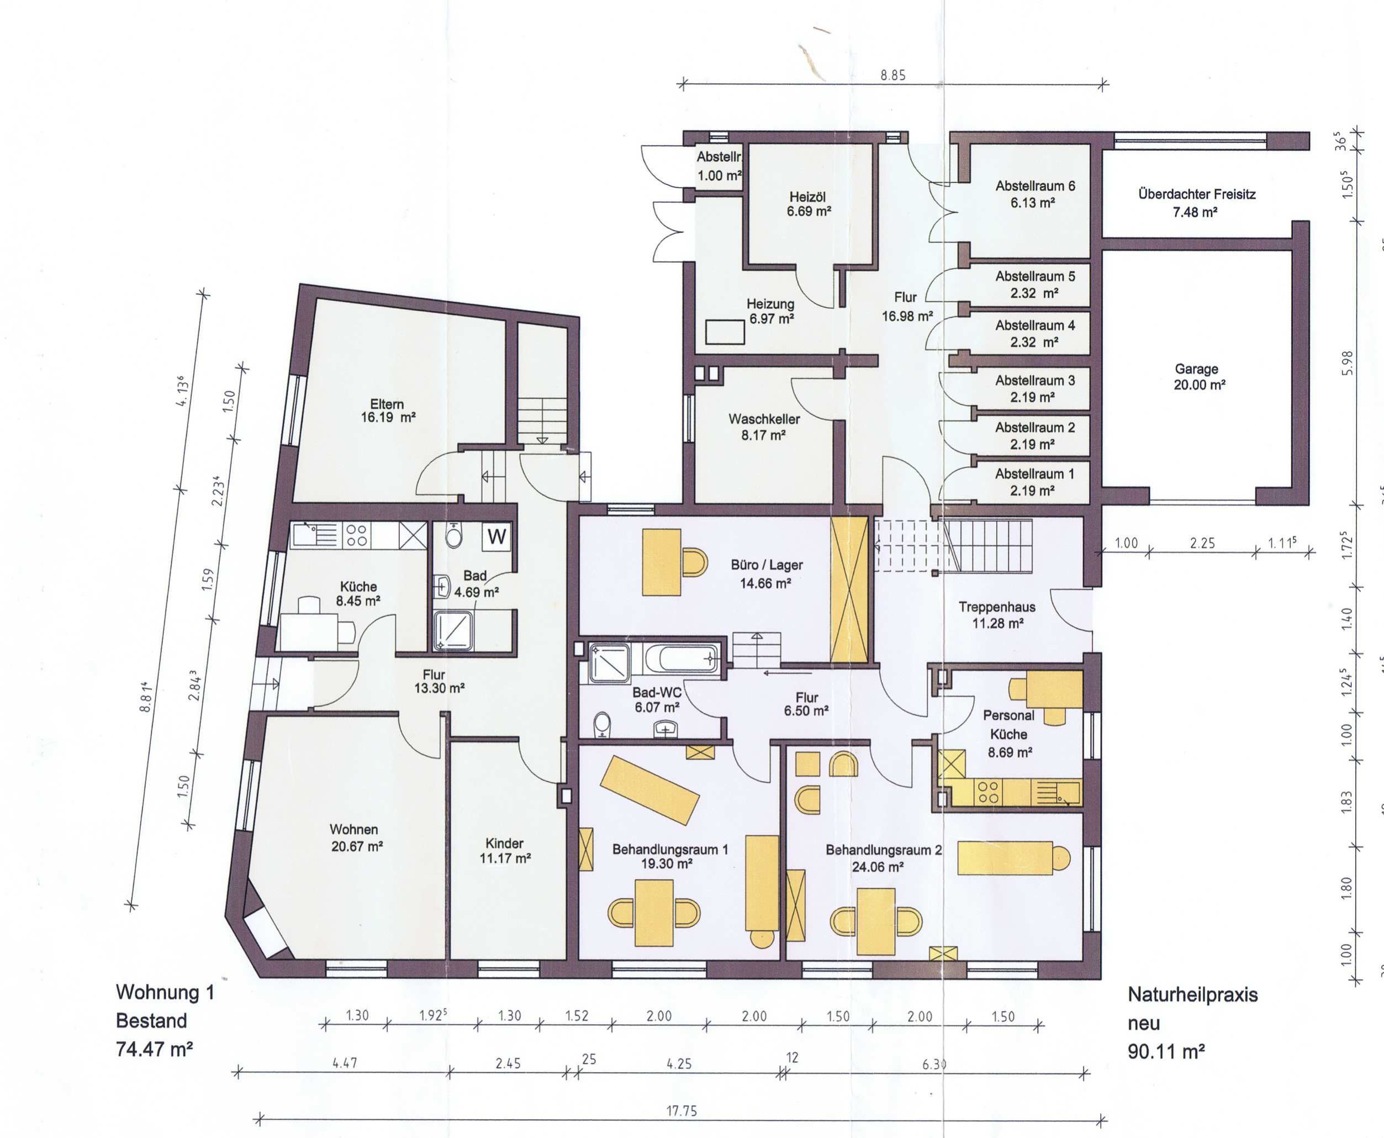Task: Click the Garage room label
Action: [x=1199, y=377]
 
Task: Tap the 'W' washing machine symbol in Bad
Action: [x=496, y=537]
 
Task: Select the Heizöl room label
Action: [x=809, y=204]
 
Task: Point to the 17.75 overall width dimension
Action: [x=682, y=1110]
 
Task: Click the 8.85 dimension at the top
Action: [x=892, y=75]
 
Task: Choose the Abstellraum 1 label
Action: [x=1034, y=482]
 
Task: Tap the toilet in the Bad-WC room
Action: [x=601, y=725]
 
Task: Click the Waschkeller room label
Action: [x=764, y=426]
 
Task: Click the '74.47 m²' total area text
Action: [x=155, y=1050]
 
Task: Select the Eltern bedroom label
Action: [x=387, y=410]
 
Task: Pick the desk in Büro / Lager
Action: [x=661, y=562]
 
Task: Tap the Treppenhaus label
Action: [x=997, y=614]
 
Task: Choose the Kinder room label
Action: [x=505, y=850]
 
